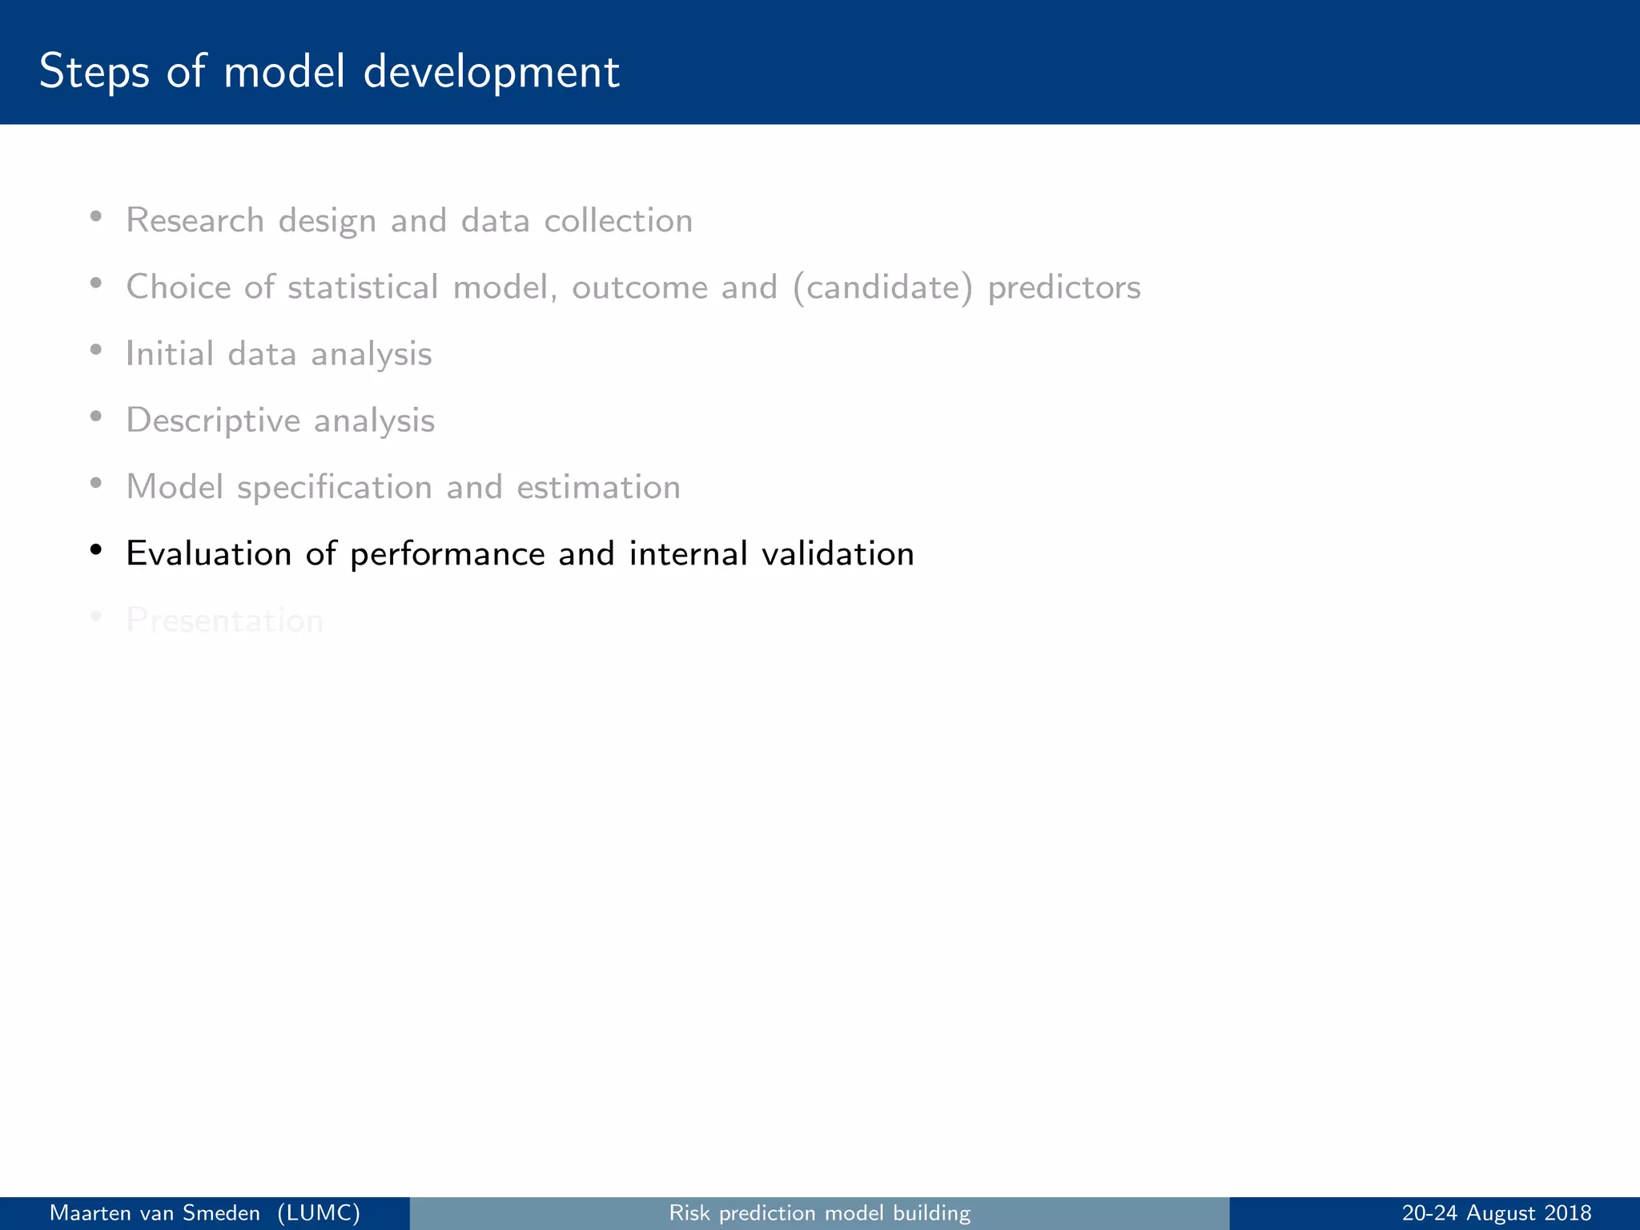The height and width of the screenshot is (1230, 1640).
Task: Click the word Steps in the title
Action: point(94,72)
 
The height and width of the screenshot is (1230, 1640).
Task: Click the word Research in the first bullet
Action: point(195,220)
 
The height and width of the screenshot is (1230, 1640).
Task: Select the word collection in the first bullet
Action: point(618,220)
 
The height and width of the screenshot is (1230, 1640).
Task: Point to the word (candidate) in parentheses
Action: point(882,287)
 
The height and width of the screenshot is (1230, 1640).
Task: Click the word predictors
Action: point(1063,287)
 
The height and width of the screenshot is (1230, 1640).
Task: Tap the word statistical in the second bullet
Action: point(363,287)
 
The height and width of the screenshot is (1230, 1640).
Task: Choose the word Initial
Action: point(170,353)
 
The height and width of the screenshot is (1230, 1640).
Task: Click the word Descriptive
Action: point(213,420)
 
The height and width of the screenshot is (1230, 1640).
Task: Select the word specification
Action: point(335,487)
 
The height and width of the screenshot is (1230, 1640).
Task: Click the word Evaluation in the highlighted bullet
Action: point(208,553)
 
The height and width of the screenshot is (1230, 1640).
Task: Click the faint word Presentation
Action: point(224,621)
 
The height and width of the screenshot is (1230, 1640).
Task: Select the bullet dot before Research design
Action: point(96,216)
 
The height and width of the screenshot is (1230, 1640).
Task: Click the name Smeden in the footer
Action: point(221,1213)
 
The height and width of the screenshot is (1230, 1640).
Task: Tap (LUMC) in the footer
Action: point(319,1213)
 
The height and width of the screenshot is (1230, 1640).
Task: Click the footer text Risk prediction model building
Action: point(819,1213)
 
